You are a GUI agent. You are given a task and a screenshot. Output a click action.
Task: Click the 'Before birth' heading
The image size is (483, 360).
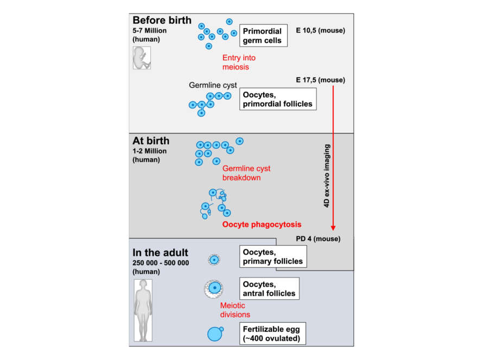162,21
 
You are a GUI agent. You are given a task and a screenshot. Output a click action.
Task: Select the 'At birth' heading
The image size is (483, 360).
151,141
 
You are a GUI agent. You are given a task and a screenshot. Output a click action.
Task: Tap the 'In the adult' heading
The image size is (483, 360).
161,253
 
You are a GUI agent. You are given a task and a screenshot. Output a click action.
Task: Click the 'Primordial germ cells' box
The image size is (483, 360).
262,35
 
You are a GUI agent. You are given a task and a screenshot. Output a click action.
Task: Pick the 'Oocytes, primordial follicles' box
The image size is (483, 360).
278,99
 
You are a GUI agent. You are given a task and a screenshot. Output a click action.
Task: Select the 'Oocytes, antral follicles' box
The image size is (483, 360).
269,288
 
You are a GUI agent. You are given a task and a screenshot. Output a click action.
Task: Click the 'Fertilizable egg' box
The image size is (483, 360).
273,333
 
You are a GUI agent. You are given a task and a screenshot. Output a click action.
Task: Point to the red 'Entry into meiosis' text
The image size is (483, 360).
239,62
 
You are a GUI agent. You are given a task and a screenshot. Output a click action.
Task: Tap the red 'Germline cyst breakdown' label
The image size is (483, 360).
246,173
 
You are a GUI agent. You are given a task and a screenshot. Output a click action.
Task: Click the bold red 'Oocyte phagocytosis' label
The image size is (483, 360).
262,224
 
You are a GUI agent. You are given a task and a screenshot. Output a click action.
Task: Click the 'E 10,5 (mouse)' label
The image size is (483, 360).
321,30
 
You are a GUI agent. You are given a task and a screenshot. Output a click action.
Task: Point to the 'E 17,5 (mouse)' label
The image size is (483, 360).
321,80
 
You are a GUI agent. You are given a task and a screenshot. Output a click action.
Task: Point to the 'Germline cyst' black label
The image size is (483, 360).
213,85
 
